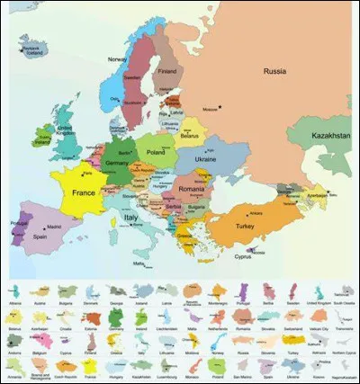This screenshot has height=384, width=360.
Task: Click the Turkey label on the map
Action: pyautogui.click(x=247, y=227)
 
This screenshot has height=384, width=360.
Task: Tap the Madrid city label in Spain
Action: pyautogui.click(x=55, y=227)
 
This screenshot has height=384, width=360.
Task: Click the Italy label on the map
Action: pyautogui.click(x=132, y=218)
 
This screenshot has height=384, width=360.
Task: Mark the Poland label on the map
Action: pyautogui.click(x=157, y=153)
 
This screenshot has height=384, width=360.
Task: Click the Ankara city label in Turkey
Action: pyautogui.click(x=255, y=213)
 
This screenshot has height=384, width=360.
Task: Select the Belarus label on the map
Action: pyautogui.click(x=188, y=136)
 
